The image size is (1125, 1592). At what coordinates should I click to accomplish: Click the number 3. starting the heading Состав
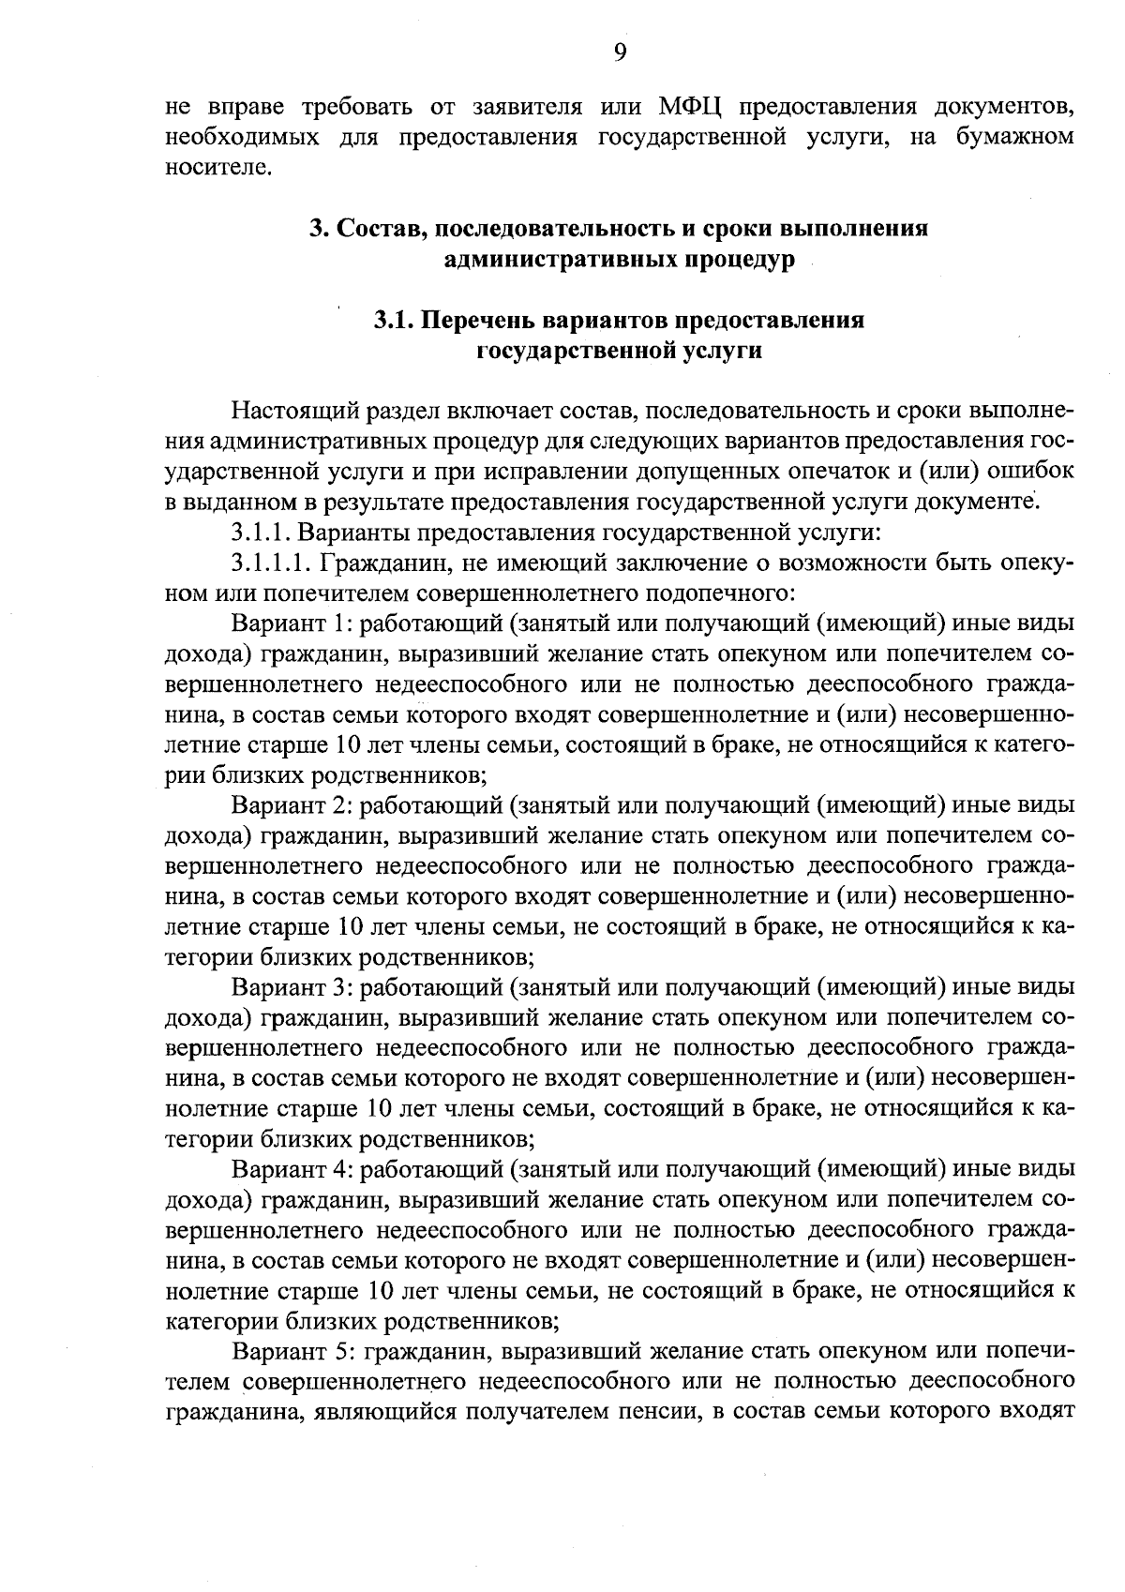point(319,229)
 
